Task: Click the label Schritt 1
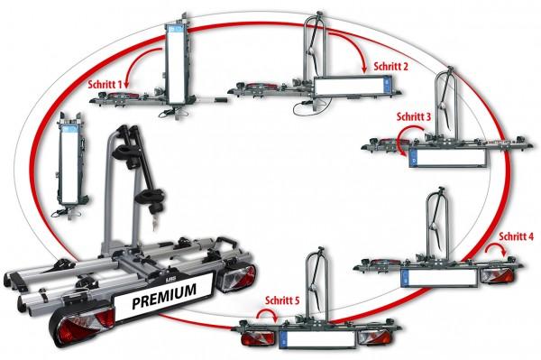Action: [105, 85]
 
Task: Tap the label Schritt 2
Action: [391, 66]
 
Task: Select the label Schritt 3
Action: [414, 116]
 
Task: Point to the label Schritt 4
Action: [516, 236]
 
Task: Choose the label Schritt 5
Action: [282, 300]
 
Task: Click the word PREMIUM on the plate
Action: [164, 296]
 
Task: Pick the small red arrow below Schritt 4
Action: [497, 245]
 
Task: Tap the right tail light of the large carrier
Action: [237, 276]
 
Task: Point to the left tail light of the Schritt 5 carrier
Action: [259, 338]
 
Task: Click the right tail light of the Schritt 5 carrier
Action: [375, 337]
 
